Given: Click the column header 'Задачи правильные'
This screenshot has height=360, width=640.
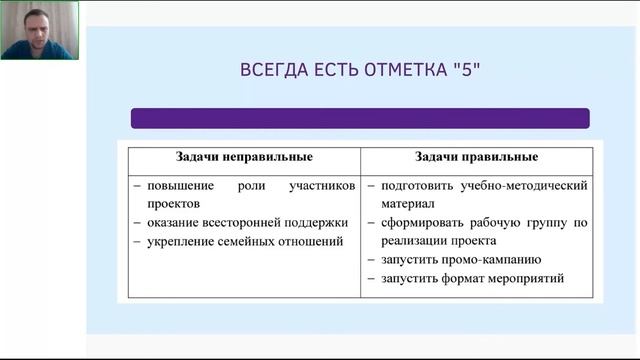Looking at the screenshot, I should point(477,157).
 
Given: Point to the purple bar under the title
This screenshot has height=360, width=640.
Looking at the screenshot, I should point(360,118).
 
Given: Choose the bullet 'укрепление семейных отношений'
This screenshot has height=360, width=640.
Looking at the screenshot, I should point(238,241).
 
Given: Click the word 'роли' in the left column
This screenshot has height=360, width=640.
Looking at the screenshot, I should point(252,186).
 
